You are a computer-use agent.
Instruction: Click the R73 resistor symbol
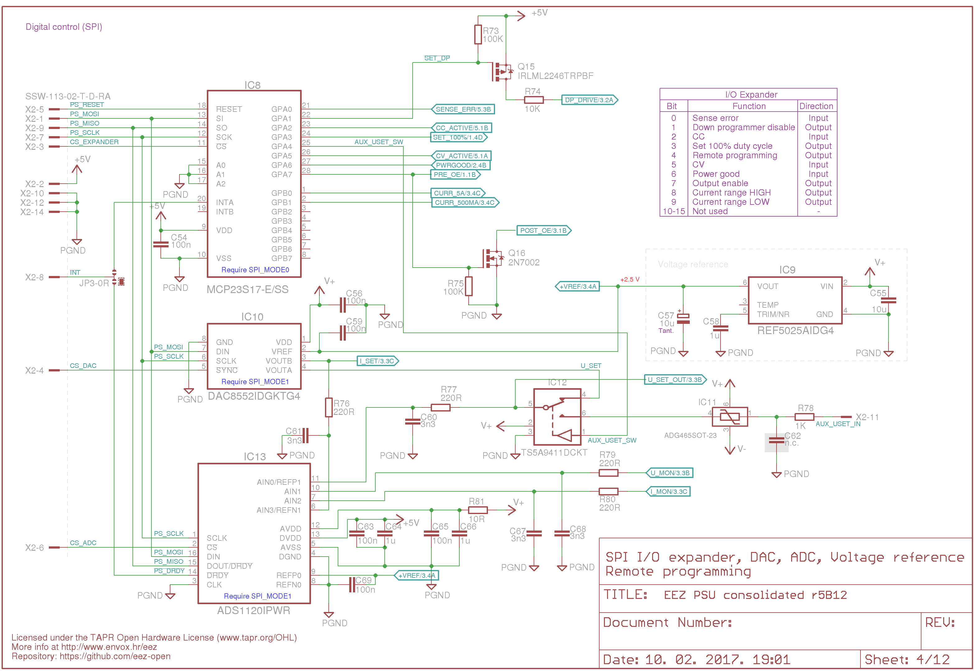[x=478, y=34]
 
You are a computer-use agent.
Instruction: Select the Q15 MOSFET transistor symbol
[x=502, y=71]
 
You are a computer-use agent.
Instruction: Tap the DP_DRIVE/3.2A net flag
[x=589, y=100]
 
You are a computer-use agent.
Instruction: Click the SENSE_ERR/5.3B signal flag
[x=463, y=109]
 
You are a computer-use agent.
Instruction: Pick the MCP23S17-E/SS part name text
[x=248, y=289]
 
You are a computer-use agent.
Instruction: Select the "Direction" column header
[x=816, y=106]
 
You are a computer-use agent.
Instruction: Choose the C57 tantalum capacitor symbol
[x=683, y=319]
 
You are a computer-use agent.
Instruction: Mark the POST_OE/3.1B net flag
[x=544, y=230]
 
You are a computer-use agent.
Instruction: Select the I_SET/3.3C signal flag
[x=378, y=361]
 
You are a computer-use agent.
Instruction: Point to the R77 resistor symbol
[x=441, y=407]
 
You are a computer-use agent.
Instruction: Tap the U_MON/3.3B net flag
[x=669, y=473]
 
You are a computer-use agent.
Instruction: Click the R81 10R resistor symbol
[x=478, y=510]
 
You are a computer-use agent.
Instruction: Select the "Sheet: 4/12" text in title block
[x=907, y=659]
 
